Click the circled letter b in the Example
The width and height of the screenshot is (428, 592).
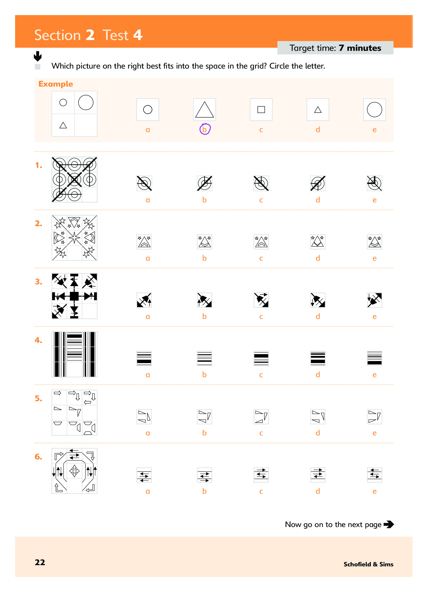pyautogui.click(x=205, y=129)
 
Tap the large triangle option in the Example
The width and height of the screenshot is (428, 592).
pyautogui.click(x=204, y=110)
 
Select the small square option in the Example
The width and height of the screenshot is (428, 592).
pyautogui.click(x=261, y=110)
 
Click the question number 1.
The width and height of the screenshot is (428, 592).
pyautogui.click(x=39, y=165)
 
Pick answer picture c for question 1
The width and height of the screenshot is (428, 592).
pyautogui.click(x=261, y=183)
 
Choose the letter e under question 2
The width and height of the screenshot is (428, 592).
pyautogui.click(x=374, y=258)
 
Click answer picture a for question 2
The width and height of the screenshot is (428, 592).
pyautogui.click(x=144, y=242)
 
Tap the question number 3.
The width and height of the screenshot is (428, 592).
pyautogui.click(x=39, y=282)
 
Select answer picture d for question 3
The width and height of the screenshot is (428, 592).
pyautogui.click(x=318, y=300)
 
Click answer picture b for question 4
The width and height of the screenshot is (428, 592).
pyautogui.click(x=204, y=358)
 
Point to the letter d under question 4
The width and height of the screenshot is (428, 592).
pyautogui.click(x=318, y=375)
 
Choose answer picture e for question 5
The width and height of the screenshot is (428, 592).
pyautogui.click(x=374, y=416)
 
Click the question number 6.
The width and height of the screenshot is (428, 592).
pyautogui.click(x=39, y=457)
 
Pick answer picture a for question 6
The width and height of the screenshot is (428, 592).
pyautogui.click(x=144, y=475)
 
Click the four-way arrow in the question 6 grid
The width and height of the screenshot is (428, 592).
pyautogui.click(x=74, y=471)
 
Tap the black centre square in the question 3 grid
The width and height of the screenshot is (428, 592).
pyautogui.click(x=74, y=296)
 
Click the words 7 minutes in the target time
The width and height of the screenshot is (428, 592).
pyautogui.click(x=360, y=48)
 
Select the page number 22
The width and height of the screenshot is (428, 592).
pyautogui.click(x=40, y=562)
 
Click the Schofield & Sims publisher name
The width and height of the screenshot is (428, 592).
pyautogui.click(x=368, y=564)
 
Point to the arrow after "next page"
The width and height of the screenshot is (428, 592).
pyautogui.click(x=389, y=524)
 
